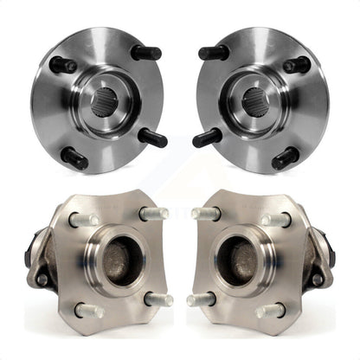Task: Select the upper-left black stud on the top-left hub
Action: pyautogui.click(x=62, y=64)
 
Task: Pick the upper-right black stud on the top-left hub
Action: pyautogui.click(x=145, y=53)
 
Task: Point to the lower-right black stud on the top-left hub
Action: pyautogui.click(x=153, y=137)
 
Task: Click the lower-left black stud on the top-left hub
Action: pyautogui.click(x=74, y=157)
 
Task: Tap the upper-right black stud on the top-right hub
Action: pyautogui.click(x=296, y=64)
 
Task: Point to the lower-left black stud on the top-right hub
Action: pyautogui.click(x=207, y=137)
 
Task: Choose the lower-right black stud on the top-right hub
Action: pyautogui.click(x=286, y=157)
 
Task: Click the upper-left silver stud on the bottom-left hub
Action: pyautogui.click(x=84, y=220)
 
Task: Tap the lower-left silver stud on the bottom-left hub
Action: pyautogui.click(x=89, y=309)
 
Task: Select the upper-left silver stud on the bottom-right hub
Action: pyautogui.click(x=207, y=213)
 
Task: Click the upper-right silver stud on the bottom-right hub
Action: pyautogui.click(x=275, y=220)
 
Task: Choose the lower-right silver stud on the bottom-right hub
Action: pyautogui.click(x=270, y=309)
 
